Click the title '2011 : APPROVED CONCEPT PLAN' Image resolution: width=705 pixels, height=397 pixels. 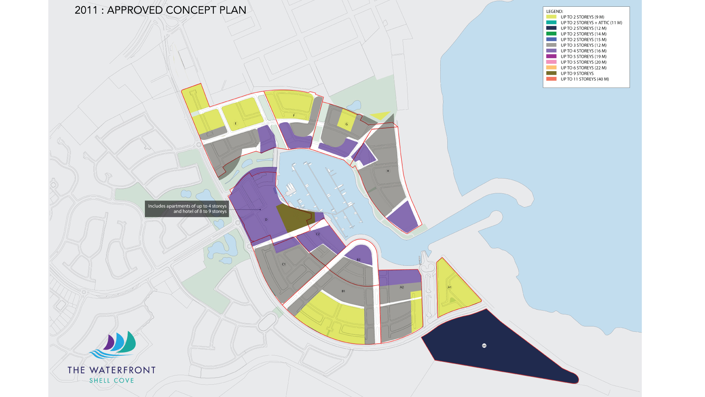click(x=160, y=10)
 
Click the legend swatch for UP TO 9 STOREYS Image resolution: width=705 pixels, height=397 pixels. click(x=551, y=73)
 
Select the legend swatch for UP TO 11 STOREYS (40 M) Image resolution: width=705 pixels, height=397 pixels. click(x=551, y=79)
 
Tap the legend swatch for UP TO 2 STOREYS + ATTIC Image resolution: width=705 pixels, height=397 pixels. click(x=551, y=23)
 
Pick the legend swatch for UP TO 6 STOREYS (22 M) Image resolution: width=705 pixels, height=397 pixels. click(x=551, y=68)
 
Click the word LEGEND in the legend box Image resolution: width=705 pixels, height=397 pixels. click(x=554, y=11)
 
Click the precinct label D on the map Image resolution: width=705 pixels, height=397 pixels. click(x=266, y=220)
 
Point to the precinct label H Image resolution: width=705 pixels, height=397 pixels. click(x=388, y=171)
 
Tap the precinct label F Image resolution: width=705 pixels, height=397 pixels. click(x=294, y=116)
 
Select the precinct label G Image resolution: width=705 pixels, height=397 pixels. click(x=347, y=124)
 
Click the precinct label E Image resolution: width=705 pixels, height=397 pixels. click(x=236, y=124)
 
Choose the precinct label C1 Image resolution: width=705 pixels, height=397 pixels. click(x=284, y=264)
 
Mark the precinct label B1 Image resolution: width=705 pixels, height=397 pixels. click(x=343, y=291)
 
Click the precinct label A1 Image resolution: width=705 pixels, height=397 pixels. click(x=449, y=287)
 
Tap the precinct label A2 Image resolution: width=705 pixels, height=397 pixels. click(x=401, y=287)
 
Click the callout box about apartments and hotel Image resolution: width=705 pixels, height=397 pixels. click(x=187, y=209)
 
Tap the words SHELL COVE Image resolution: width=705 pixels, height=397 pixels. click(x=112, y=381)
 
